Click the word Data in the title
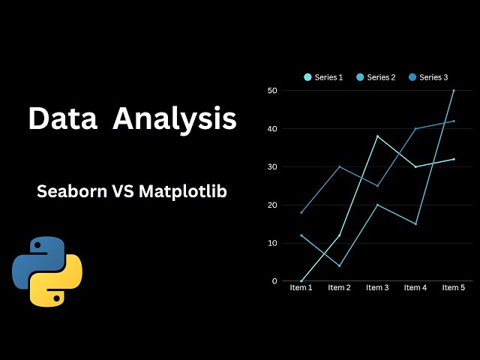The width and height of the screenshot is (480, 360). (x=63, y=118)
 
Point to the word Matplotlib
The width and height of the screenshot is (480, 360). (x=183, y=191)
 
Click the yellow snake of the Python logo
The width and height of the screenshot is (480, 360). (x=60, y=285)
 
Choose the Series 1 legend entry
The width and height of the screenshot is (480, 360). (x=323, y=77)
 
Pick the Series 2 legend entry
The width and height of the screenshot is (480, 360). (x=376, y=77)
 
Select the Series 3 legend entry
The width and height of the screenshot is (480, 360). (x=428, y=77)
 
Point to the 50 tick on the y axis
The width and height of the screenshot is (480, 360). (x=272, y=91)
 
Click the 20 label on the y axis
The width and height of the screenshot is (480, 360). (x=272, y=205)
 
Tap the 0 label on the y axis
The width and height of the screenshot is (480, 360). (x=274, y=281)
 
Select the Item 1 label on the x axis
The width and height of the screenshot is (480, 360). (x=301, y=288)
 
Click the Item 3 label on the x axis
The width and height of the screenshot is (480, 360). (x=377, y=288)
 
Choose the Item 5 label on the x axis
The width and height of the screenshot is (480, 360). (x=453, y=288)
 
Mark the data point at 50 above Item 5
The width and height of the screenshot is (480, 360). (x=453, y=91)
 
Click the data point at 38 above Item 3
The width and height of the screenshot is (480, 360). (x=377, y=136)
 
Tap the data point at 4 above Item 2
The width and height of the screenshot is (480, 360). (x=339, y=265)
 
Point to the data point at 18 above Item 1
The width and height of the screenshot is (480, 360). (x=301, y=212)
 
